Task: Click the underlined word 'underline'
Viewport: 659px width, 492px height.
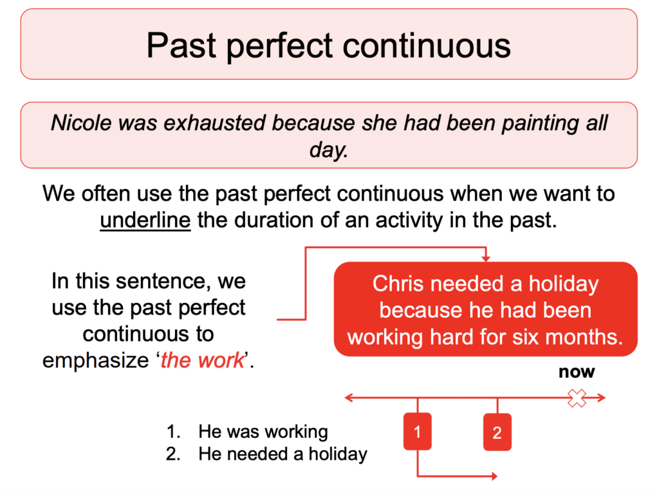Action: click(x=145, y=220)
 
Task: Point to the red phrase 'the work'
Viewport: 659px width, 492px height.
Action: click(x=202, y=360)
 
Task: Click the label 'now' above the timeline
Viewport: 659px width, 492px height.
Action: click(x=577, y=372)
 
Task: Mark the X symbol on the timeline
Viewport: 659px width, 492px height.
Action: click(x=577, y=399)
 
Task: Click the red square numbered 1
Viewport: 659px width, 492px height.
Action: click(x=418, y=432)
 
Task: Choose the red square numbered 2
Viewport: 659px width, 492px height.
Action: click(x=497, y=432)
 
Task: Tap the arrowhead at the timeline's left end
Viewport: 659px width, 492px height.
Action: click(x=348, y=399)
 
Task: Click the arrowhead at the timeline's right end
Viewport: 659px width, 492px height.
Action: click(x=602, y=399)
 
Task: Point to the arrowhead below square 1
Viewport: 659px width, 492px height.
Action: click(x=494, y=477)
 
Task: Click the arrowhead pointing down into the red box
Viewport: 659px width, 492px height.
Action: click(x=485, y=258)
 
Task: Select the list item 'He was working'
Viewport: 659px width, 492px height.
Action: click(x=263, y=432)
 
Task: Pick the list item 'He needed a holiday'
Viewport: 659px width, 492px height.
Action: click(x=283, y=454)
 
